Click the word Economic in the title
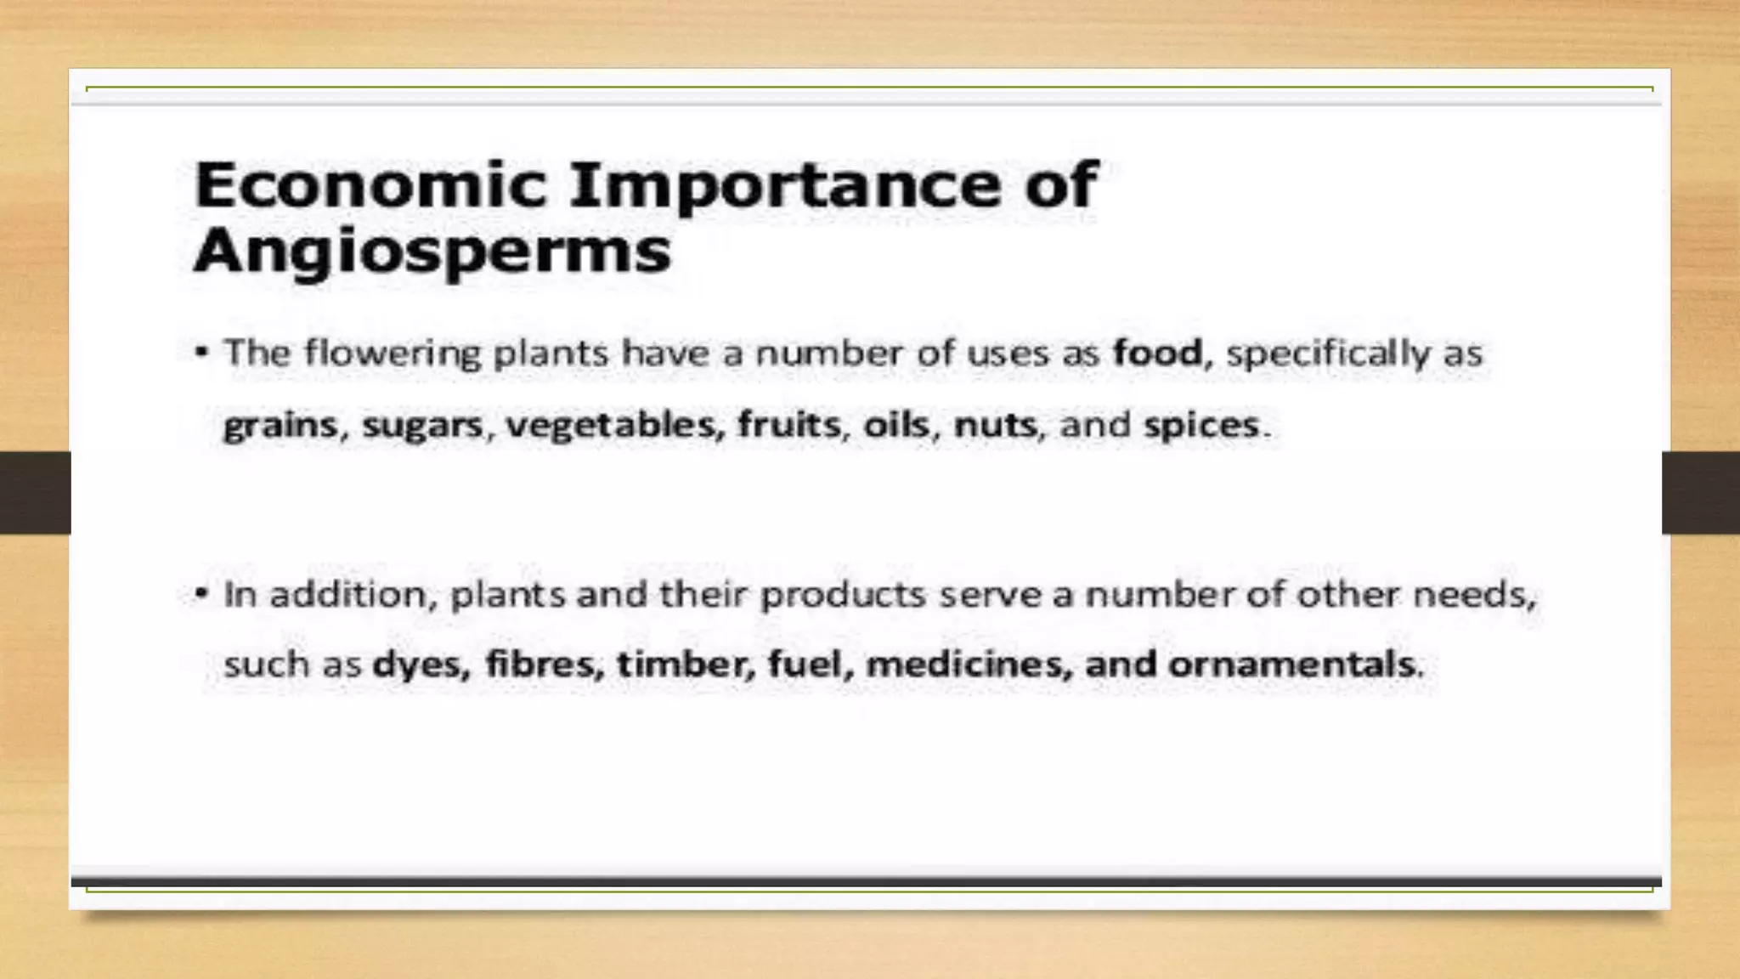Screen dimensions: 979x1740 coord(370,184)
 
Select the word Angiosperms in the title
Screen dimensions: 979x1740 coord(432,252)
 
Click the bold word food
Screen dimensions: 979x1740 coord(1158,353)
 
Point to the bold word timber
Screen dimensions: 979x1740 coord(685,664)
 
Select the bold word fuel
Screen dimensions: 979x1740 coord(808,664)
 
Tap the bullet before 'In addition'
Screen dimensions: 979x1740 coord(201,593)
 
